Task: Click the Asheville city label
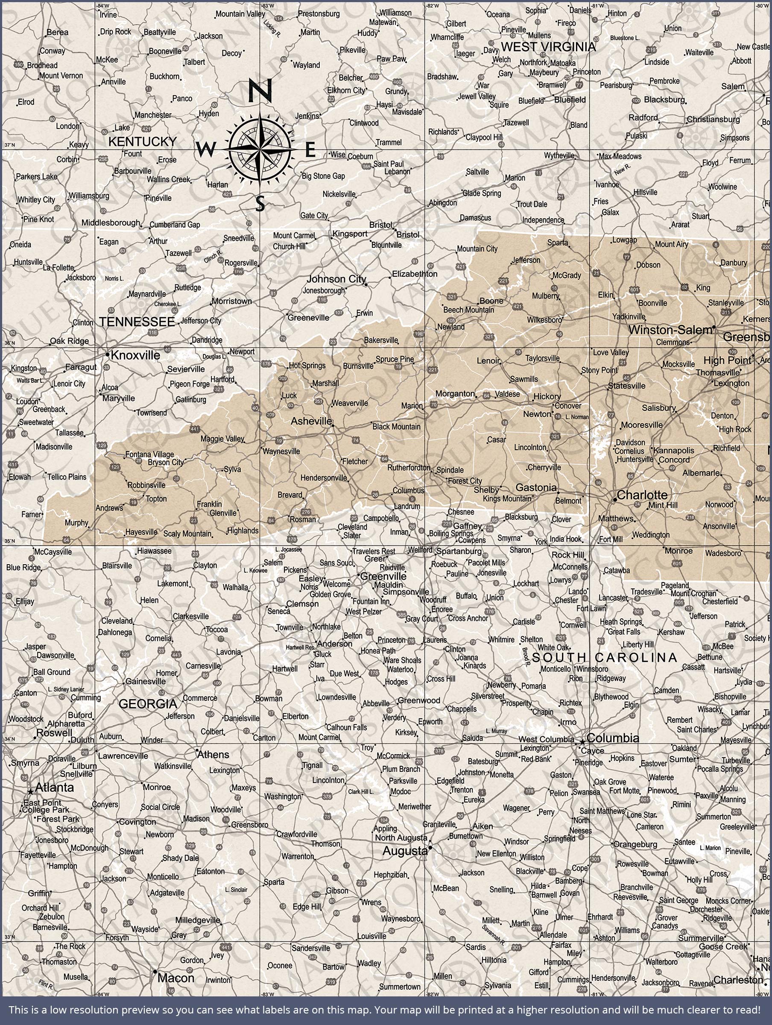click(x=311, y=421)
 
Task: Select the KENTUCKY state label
click(x=142, y=141)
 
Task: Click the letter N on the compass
click(x=260, y=91)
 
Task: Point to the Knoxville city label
click(x=135, y=355)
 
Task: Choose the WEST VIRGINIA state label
click(x=548, y=47)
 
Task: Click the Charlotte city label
click(x=642, y=495)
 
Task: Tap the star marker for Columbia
click(x=582, y=742)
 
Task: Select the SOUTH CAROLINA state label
click(x=604, y=658)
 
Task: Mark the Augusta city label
click(x=404, y=851)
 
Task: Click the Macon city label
click(x=175, y=978)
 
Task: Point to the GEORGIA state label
click(x=148, y=704)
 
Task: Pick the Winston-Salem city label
click(x=670, y=330)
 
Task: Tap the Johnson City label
click(x=336, y=279)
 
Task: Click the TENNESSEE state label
click(x=137, y=322)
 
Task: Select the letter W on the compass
click(x=205, y=149)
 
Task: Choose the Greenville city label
click(x=383, y=577)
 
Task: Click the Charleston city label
click(x=738, y=980)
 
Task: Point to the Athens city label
click(x=213, y=755)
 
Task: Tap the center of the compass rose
click(x=260, y=149)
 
